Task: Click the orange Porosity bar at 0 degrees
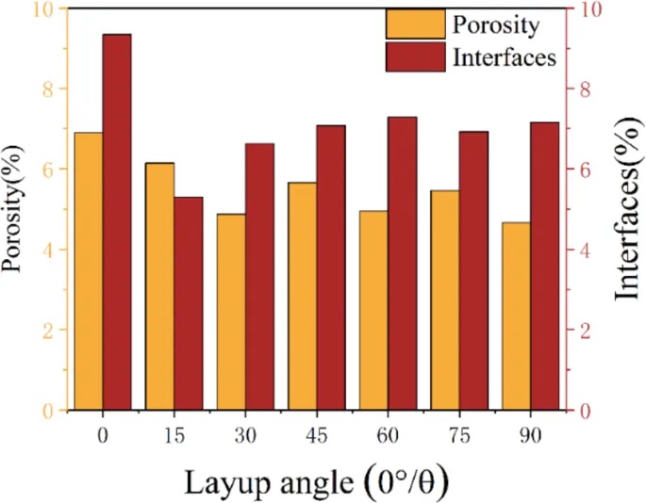(x=88, y=271)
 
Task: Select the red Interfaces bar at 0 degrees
(x=117, y=222)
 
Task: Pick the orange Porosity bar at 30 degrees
(x=231, y=312)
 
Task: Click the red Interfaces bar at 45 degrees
(x=331, y=268)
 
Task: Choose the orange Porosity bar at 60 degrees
(x=374, y=310)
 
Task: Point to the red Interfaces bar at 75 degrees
(x=474, y=270)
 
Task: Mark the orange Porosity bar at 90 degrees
(x=517, y=316)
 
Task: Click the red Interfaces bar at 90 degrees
(x=545, y=266)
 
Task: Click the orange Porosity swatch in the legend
(x=414, y=24)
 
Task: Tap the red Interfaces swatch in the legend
(x=414, y=57)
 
